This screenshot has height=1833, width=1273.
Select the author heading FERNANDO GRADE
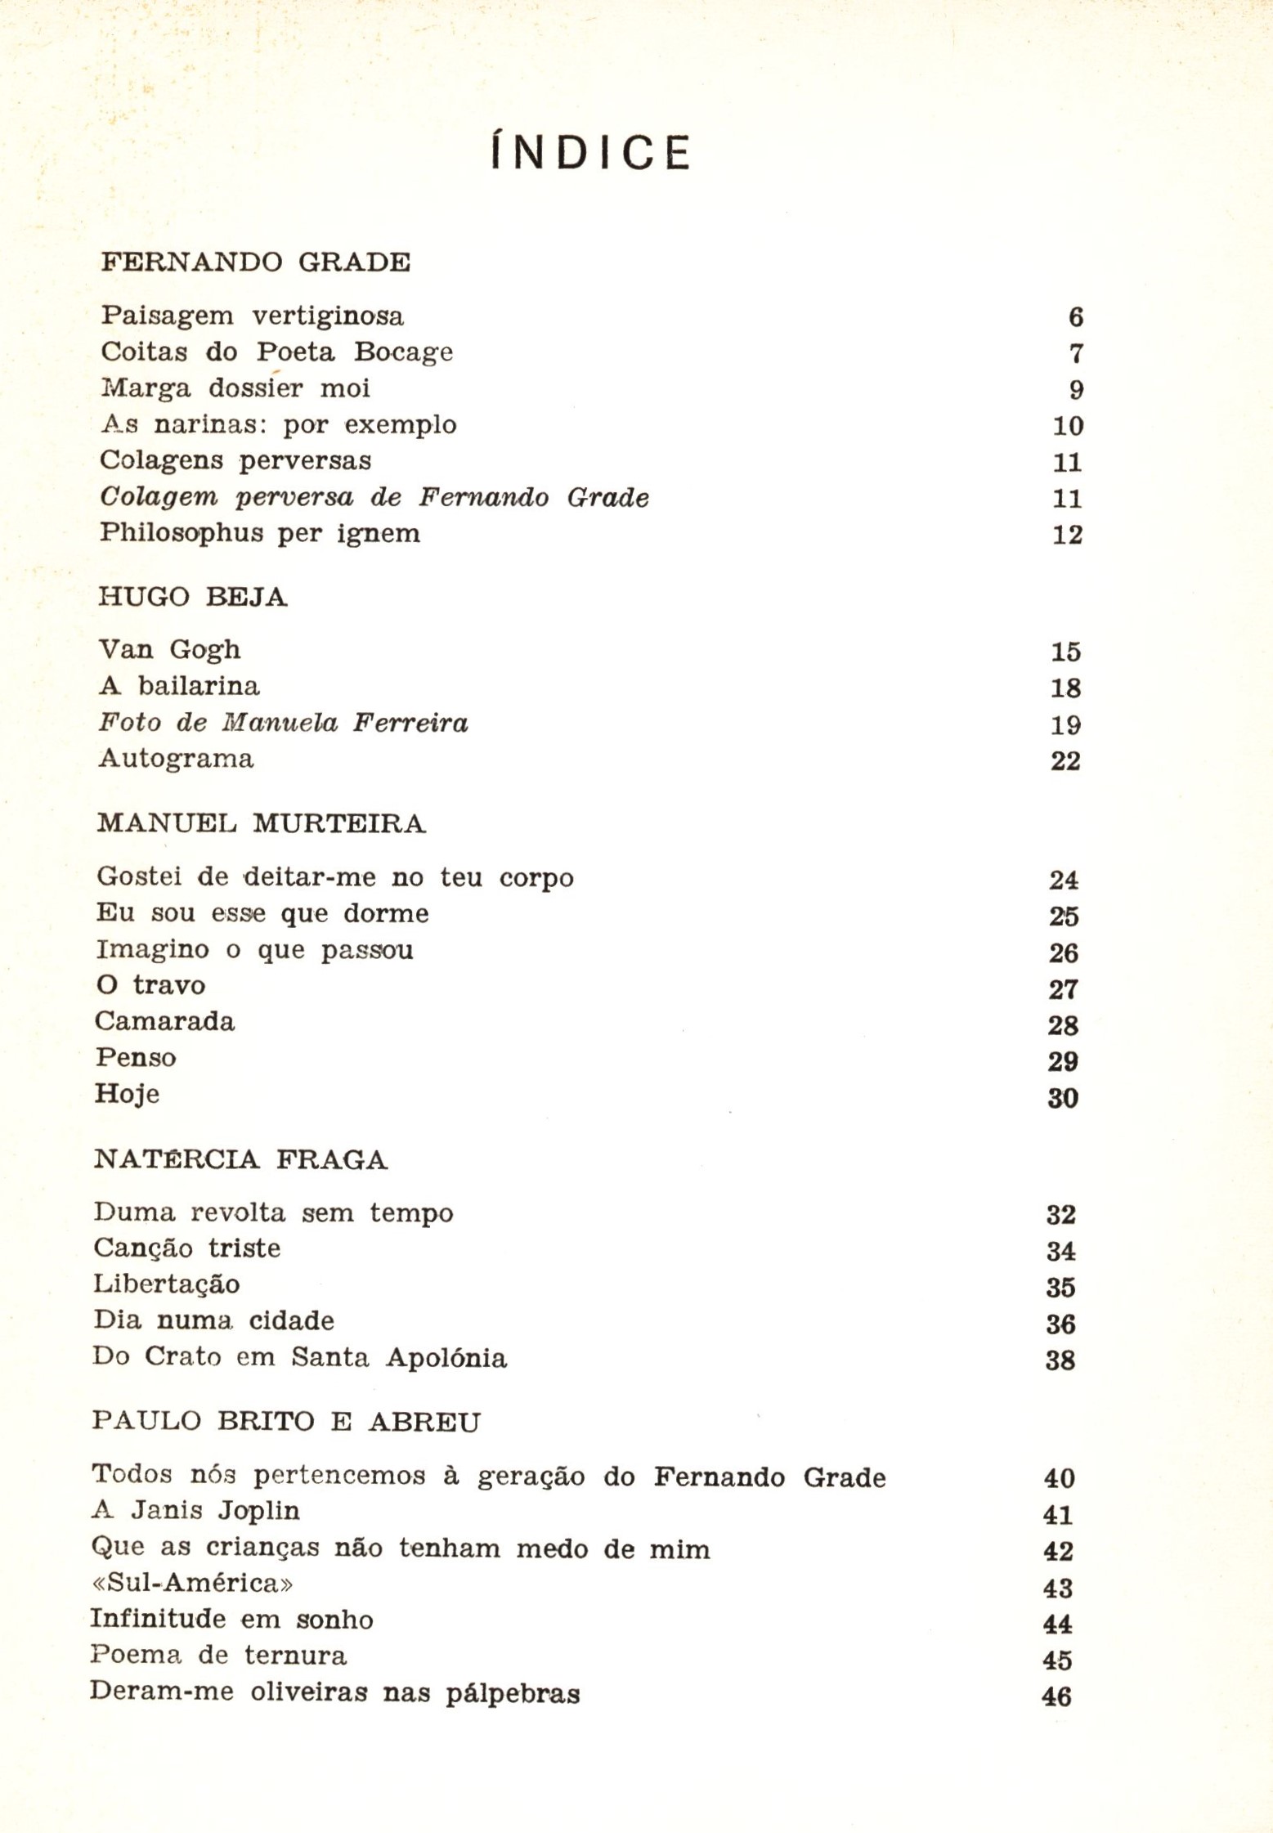coord(255,262)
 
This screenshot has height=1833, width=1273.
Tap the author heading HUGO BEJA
coord(193,598)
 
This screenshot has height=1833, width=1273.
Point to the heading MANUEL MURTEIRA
coord(261,823)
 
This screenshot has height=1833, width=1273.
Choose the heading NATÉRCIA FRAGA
coord(240,1160)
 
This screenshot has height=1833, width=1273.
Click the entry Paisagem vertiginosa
coord(252,316)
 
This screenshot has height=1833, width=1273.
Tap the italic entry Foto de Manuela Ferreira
coord(283,723)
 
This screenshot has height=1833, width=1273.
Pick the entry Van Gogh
coord(169,650)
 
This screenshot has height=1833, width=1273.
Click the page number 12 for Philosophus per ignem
coord(1067,535)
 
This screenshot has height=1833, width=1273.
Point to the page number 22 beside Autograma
coord(1065,760)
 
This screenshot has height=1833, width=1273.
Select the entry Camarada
coord(164,1022)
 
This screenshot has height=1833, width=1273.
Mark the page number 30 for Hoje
coord(1063,1098)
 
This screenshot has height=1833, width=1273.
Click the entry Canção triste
coord(187,1248)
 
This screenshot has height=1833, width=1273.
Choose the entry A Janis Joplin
coord(195,1510)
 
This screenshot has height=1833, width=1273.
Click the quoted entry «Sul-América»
coord(191,1584)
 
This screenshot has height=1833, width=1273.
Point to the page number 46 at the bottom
coord(1056,1696)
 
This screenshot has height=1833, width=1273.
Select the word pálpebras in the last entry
coord(513,1693)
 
